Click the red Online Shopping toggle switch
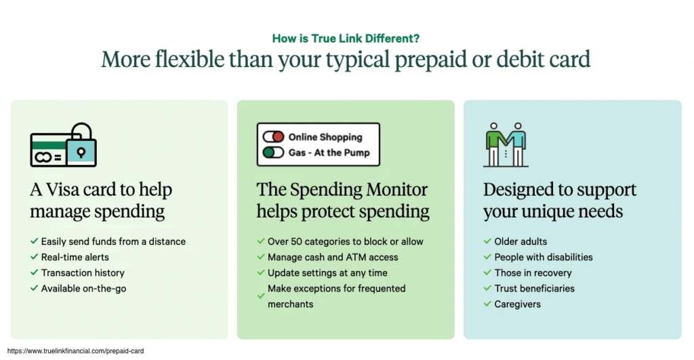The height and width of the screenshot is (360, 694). pos(273,137)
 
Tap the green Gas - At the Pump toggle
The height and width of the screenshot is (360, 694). pos(273,153)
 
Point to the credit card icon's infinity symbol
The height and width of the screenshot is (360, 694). pos(43,157)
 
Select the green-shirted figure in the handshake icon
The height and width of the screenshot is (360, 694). pos(495,144)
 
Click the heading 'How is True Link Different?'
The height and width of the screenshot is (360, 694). pos(346,39)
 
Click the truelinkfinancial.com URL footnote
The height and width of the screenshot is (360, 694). pos(76,351)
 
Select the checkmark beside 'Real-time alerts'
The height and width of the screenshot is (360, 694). pos(34,257)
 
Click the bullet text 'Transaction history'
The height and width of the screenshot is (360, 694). pos(83,273)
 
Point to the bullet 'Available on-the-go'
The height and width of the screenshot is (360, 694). pos(83,289)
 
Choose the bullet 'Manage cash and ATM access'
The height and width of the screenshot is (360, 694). pos(333,257)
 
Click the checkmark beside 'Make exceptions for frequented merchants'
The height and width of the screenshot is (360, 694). pos(261,296)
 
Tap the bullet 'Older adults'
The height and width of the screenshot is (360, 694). pos(520,241)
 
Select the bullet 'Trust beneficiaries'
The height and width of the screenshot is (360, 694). pos(534,289)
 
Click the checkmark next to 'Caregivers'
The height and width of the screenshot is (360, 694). pos(487,304)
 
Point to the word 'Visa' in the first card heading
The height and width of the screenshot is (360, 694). pos(62,190)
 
